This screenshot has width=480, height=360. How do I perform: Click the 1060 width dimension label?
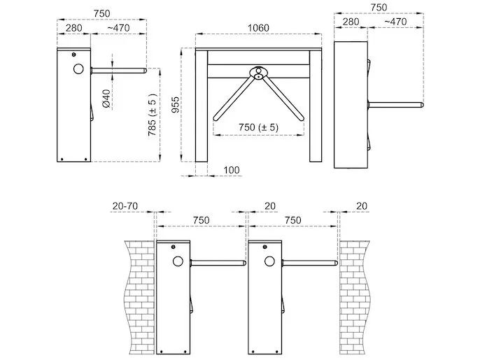258,28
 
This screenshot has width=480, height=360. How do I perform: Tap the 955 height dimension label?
176,105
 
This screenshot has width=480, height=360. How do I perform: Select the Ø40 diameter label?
106,99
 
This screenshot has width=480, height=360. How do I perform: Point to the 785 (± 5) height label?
152,115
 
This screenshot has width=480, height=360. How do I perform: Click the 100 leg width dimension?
232,170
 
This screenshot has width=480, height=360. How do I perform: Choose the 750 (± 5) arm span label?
259,127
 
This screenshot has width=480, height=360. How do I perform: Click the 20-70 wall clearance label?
125,206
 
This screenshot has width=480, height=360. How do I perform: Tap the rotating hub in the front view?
259,73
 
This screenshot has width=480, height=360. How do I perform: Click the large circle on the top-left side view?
78,69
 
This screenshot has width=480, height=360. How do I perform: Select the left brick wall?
139,297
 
